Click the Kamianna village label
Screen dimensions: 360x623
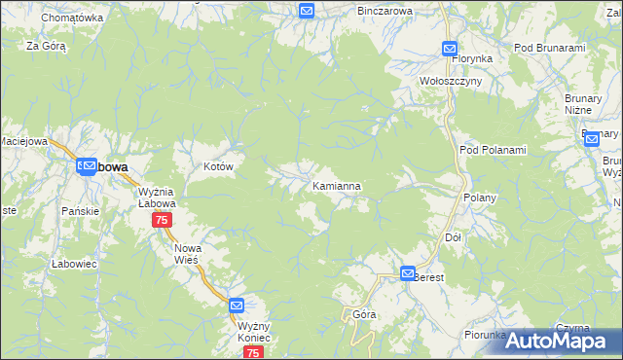point(339,185)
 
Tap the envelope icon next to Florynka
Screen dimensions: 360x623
point(450,48)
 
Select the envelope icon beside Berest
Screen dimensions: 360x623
point(408,274)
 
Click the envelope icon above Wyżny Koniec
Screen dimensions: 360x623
point(237,306)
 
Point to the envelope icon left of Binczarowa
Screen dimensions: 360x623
point(307,11)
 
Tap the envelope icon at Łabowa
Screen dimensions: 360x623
point(87,166)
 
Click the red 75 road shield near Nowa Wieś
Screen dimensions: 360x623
point(162,221)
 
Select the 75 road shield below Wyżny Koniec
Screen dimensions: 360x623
point(253,353)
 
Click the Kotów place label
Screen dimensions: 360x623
point(219,167)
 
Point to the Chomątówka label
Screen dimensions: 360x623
point(72,18)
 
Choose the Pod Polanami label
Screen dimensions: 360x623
point(492,150)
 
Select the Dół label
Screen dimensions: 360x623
point(452,237)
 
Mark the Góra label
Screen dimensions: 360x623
point(364,314)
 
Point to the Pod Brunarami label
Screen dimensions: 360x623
point(549,48)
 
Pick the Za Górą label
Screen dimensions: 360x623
point(46,46)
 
